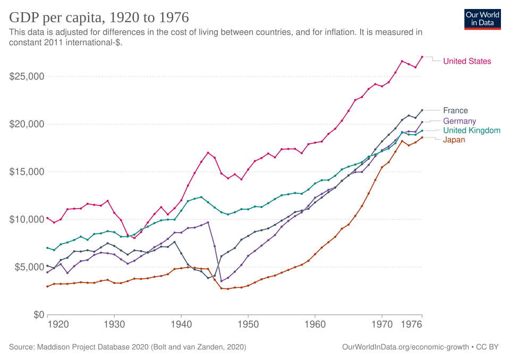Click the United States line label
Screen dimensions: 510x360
coord(467,61)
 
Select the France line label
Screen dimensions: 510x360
coord(455,110)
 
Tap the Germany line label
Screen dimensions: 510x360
coord(460,121)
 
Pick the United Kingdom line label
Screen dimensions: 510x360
coord(472,131)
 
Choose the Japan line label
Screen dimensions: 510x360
coord(454,140)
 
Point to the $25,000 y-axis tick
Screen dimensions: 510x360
coord(27,76)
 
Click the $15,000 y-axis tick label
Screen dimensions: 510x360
coord(27,172)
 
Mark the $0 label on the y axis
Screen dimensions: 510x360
coord(39,315)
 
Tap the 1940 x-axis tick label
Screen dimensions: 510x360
coord(181,324)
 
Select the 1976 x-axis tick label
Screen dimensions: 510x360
coord(411,324)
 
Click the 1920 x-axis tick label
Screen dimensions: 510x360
coord(58,324)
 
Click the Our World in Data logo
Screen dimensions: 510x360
coord(482,20)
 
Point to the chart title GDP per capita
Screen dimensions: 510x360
coord(99,18)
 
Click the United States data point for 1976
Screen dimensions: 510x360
coord(422,57)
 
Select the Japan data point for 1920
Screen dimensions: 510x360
coord(47,287)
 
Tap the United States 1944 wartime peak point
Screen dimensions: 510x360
coord(208,153)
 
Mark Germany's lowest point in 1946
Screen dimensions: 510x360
coord(221,281)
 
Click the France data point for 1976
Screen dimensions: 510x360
coord(422,110)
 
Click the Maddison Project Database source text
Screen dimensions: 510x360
coord(127,347)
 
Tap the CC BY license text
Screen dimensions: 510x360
coord(487,347)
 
